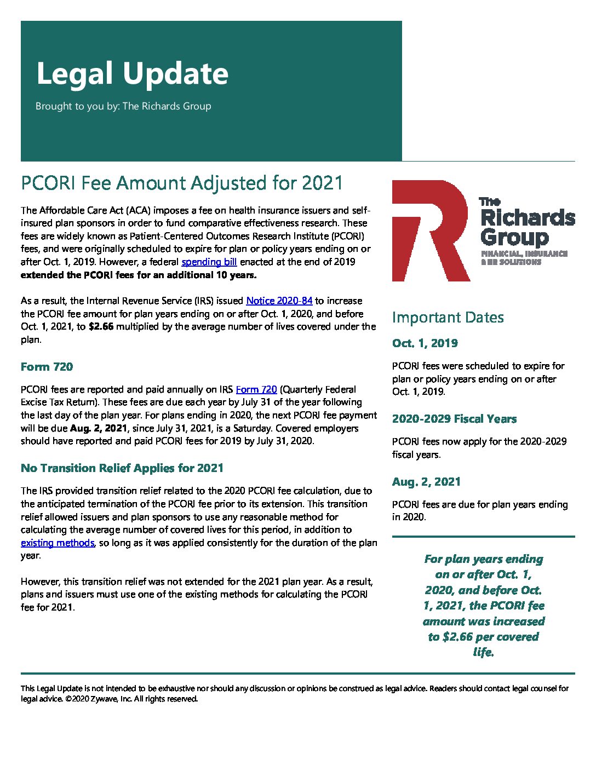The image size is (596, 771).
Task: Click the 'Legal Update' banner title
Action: click(x=132, y=74)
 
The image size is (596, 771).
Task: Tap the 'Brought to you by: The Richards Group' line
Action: click(x=123, y=106)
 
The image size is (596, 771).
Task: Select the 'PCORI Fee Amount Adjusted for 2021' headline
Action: click(x=181, y=183)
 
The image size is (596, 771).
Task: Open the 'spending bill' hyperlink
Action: click(x=209, y=262)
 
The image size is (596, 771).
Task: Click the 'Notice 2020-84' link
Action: click(x=279, y=301)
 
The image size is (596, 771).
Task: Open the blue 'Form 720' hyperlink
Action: click(x=256, y=389)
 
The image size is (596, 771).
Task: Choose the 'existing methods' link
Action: click(x=58, y=543)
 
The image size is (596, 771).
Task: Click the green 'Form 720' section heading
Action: click(x=47, y=367)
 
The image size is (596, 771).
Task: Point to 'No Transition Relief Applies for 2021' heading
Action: click(x=122, y=468)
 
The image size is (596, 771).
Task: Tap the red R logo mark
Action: click(x=429, y=231)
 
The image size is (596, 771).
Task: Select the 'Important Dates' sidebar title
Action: click(x=448, y=318)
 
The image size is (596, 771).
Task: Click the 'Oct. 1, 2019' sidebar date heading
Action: click(x=425, y=343)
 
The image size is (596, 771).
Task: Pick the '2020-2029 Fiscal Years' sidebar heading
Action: click(x=454, y=419)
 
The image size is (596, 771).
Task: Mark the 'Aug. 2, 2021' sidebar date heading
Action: click(x=426, y=482)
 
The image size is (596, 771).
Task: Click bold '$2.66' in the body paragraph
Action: click(x=100, y=327)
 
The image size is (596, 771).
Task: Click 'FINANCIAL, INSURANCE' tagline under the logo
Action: click(x=524, y=254)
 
